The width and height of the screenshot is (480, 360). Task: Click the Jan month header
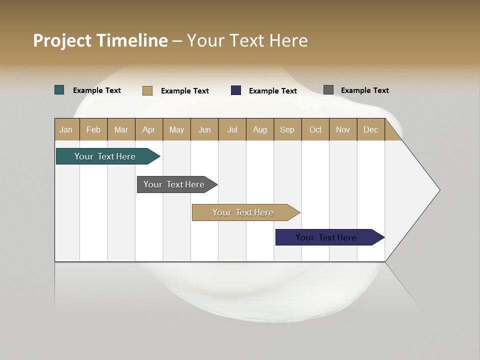pyautogui.click(x=66, y=129)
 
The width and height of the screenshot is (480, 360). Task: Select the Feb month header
pyautogui.click(x=93, y=129)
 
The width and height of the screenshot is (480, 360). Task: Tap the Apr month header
pyautogui.click(x=148, y=129)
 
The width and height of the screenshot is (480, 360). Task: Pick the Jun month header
pyautogui.click(x=204, y=129)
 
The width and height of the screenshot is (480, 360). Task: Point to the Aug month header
pyautogui.click(x=259, y=129)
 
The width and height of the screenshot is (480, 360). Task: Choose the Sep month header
pyautogui.click(x=287, y=129)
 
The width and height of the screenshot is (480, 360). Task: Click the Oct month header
pyautogui.click(x=315, y=129)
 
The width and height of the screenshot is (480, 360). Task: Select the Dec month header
pyautogui.click(x=370, y=129)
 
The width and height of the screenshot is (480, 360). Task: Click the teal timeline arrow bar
pyautogui.click(x=105, y=156)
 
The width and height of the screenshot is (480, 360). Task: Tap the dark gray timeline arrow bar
pyautogui.click(x=174, y=184)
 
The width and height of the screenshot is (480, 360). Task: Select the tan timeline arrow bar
pyautogui.click(x=243, y=212)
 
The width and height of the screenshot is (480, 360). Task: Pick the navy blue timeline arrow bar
pyautogui.click(x=326, y=237)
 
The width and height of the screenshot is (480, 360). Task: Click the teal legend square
pyautogui.click(x=59, y=90)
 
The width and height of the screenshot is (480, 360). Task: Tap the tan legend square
pyautogui.click(x=147, y=90)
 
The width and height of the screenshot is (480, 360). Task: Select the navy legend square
pyautogui.click(x=236, y=90)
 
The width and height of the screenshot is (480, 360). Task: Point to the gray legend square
pyautogui.click(x=328, y=90)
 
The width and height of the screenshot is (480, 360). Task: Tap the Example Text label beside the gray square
pyautogui.click(x=364, y=90)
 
